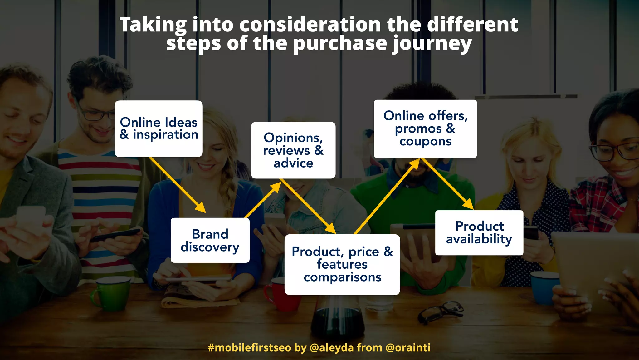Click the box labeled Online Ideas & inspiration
pyautogui.click(x=159, y=128)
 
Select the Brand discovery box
pyautogui.click(x=210, y=240)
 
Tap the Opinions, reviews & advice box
pyautogui.click(x=293, y=150)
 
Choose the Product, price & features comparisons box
pyautogui.click(x=342, y=264)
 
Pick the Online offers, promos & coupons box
pyautogui.click(x=425, y=128)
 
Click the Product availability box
pyautogui.click(x=479, y=233)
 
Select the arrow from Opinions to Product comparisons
pyautogui.click(x=307, y=206)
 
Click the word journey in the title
pyautogui.click(x=432, y=44)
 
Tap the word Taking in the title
pyautogui.click(x=153, y=25)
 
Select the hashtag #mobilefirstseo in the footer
pyautogui.click(x=249, y=347)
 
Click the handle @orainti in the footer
pyautogui.click(x=408, y=347)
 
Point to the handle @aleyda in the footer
pyautogui.click(x=331, y=347)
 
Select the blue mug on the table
pyautogui.click(x=544, y=287)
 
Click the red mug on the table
pyautogui.click(x=279, y=294)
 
